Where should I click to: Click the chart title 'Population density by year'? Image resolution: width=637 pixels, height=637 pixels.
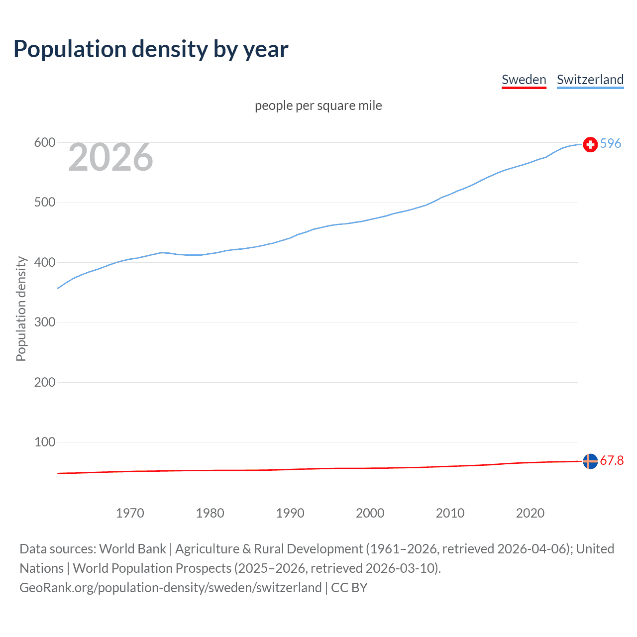point(151,49)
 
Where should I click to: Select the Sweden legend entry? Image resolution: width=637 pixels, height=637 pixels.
point(524,80)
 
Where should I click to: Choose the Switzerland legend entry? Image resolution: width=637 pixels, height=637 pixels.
point(590,80)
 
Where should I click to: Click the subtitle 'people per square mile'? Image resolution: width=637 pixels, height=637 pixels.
point(318,106)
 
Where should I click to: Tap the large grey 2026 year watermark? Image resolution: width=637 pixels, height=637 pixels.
point(110,157)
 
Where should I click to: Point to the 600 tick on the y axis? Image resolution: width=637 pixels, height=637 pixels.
point(44,143)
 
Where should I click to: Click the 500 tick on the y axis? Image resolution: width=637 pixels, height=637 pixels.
point(44,203)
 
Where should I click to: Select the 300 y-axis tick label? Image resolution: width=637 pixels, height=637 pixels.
point(44,322)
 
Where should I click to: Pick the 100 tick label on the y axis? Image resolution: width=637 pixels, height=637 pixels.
point(44,442)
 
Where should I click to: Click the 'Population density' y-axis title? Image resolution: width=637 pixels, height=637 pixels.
point(21,309)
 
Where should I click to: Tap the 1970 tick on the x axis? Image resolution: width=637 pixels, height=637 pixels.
point(130,513)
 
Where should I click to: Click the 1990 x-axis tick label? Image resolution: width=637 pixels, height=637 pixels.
point(290,513)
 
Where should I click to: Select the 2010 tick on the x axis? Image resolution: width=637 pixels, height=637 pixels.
point(450,513)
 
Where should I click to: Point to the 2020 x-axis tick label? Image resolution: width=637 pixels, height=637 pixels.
point(530,513)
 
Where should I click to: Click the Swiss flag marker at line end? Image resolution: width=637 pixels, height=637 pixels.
point(590,144)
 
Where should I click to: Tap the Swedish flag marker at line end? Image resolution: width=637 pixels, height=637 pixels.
point(590,461)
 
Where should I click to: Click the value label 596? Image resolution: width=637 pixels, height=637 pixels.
point(611,143)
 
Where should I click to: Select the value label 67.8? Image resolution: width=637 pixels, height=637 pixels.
point(612,460)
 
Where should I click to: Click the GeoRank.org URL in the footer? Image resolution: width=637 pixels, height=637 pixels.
point(170,588)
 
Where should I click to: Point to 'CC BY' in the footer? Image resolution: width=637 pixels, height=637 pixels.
point(349,588)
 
